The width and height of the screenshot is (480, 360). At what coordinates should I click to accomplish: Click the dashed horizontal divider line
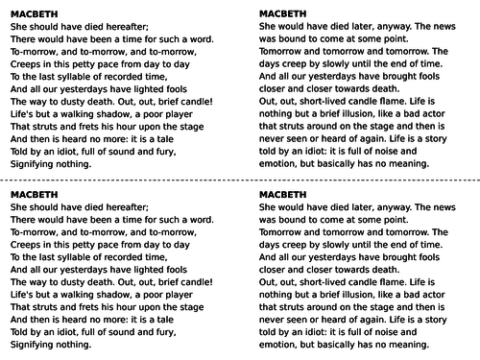[x=240, y=180]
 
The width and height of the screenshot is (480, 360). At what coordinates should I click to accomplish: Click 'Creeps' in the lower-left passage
[x=25, y=249]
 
